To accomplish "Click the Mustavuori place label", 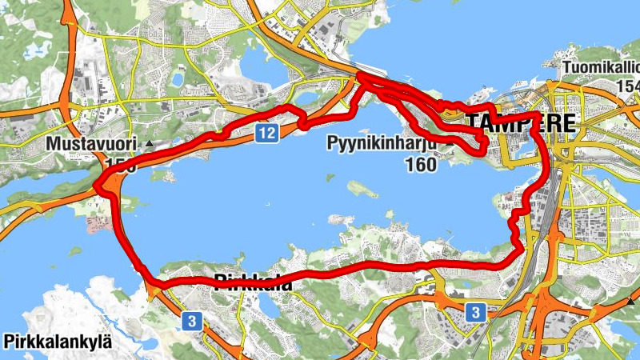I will (94, 145).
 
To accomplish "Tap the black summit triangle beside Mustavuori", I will (150, 145).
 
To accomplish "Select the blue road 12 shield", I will (267, 133).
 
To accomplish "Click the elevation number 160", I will (421, 166).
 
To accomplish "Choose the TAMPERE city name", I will (520, 123).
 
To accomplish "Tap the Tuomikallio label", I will (600, 68).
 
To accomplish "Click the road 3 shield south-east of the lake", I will (475, 311).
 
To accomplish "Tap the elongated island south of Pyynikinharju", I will (362, 189).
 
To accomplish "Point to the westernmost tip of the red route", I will (96, 186).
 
